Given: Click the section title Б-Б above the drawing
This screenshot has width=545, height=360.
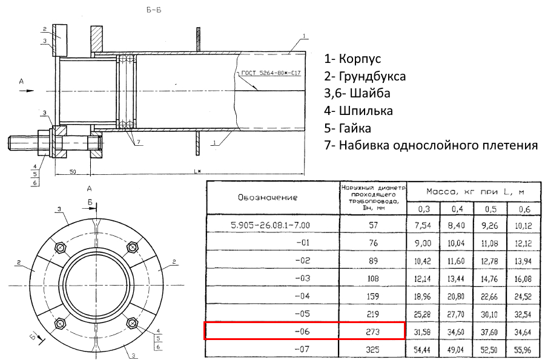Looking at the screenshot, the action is point(154,10).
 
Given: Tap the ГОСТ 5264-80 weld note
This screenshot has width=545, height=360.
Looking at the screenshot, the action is point(271,73).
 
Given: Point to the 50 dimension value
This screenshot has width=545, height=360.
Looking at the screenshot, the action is point(72,171).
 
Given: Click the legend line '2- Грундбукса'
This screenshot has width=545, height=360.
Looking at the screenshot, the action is point(365,76).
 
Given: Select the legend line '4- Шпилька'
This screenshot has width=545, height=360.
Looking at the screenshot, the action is point(358,111).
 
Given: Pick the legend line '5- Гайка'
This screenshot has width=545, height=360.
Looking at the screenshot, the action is point(348,128).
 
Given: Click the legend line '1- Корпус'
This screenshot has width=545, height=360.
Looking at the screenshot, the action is point(352,59).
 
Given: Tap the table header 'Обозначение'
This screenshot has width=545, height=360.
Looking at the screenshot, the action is point(268,197).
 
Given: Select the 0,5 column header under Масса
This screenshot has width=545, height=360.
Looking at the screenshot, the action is point(490,209).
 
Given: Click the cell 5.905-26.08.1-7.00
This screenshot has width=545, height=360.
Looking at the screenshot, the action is point(271,225).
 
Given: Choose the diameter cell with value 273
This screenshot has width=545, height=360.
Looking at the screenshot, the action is point(372,332).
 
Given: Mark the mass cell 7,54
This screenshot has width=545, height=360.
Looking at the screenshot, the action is point(423,225).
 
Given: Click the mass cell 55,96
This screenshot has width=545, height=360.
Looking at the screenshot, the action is point(523,350).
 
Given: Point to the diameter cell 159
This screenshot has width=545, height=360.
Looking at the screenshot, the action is point(372,296).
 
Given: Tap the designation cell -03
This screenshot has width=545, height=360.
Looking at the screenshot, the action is point(302,278).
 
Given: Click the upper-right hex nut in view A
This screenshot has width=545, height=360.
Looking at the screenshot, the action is point(132,247).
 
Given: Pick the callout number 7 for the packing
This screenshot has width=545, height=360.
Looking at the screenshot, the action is point(138,142).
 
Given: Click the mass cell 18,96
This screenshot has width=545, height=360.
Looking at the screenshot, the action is point(423,296).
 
